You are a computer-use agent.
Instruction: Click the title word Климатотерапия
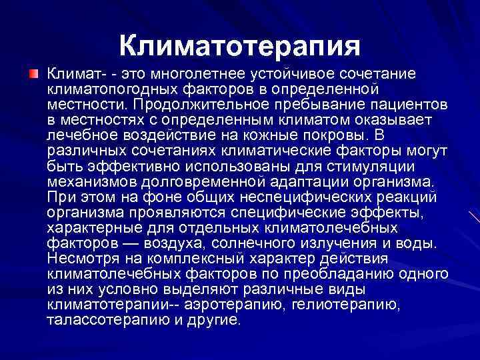[240, 46]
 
